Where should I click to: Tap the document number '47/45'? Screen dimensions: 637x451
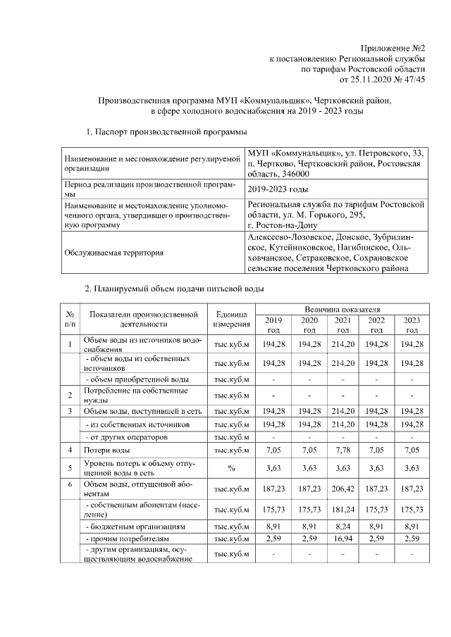pyautogui.click(x=413, y=81)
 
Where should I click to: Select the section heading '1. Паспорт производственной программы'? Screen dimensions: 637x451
pyautogui.click(x=166, y=132)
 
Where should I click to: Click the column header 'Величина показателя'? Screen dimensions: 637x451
pyautogui.click(x=342, y=309)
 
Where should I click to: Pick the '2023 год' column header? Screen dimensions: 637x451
pyautogui.click(x=412, y=324)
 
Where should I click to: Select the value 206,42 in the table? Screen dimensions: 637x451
pyautogui.click(x=342, y=490)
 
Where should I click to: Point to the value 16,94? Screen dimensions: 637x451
pyautogui.click(x=342, y=539)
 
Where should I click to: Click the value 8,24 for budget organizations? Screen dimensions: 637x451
pyautogui.click(x=342, y=525)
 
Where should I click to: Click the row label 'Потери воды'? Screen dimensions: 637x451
pyautogui.click(x=107, y=448)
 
